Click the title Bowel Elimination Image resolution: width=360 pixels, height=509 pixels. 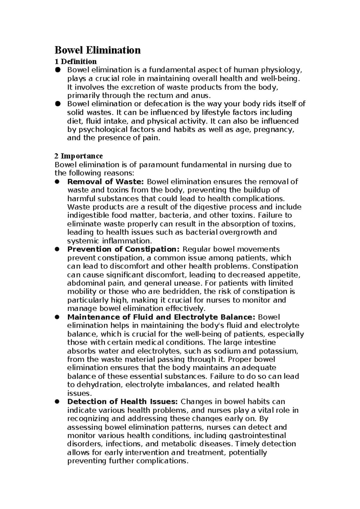point(97,50)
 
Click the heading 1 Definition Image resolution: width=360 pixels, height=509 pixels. point(76,62)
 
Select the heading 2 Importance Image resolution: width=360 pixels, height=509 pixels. point(79,156)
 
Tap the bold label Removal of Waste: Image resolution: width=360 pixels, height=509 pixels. point(106,182)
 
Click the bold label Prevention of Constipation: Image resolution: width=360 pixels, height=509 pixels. point(123,249)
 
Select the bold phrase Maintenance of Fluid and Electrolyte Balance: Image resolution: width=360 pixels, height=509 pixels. point(161,317)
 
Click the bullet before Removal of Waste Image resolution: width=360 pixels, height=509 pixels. point(58,182)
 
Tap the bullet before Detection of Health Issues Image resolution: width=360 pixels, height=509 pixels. point(58,402)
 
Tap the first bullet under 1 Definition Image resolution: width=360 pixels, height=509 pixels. point(58,70)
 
